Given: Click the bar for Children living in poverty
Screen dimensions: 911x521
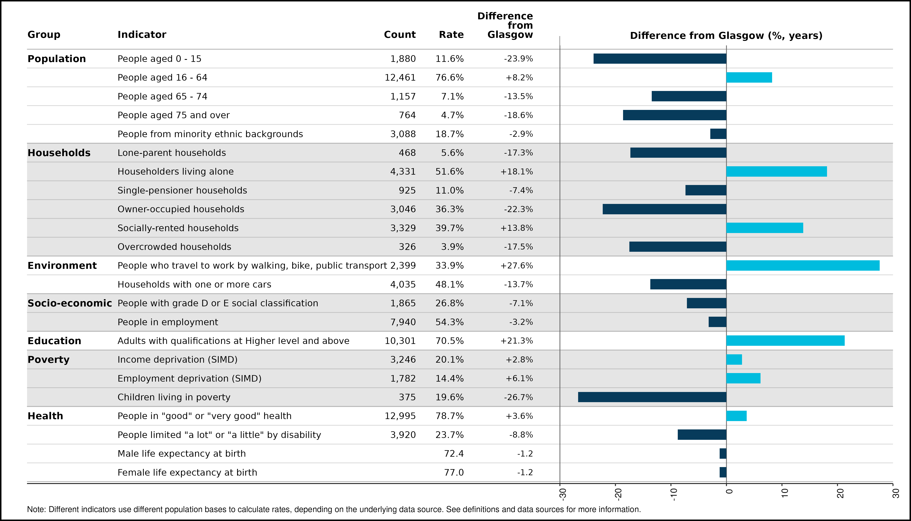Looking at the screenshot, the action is coord(652,397).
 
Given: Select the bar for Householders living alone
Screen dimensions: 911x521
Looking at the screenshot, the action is coord(777,171).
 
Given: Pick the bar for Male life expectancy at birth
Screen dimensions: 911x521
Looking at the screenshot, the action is coord(723,454).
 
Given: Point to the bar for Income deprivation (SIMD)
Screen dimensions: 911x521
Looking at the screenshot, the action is coord(734,360).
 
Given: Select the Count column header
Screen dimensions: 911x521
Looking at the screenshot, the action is coord(400,35).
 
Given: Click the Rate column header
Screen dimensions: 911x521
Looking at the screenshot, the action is coord(451,35).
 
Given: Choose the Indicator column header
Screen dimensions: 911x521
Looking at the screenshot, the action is coord(142,35).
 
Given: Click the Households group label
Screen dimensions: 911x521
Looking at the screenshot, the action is coord(59,153).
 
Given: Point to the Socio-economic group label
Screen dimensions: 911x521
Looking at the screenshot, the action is coord(70,303).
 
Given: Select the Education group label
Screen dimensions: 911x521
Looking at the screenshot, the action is coord(54,341).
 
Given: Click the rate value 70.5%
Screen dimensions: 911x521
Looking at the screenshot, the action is coord(449,341).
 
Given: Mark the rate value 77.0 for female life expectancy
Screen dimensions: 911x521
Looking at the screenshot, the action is coord(454,472).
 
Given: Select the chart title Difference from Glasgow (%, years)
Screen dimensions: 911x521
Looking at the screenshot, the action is coord(726,36).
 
